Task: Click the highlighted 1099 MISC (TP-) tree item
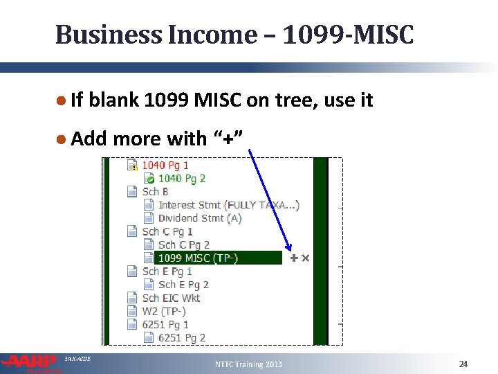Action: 198,258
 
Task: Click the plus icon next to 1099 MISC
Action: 294,258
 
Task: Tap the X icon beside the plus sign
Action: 305,258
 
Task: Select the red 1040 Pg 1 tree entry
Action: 165,166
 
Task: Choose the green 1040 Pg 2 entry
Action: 182,179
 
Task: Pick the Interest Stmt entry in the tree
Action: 228,205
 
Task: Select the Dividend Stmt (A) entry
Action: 200,218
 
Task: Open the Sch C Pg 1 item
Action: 167,232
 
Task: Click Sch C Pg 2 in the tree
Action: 183,245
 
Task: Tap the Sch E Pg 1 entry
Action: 167,271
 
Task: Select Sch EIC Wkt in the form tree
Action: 171,299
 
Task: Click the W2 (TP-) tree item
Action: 164,312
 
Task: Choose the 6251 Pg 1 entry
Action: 165,325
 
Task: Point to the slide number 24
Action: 463,364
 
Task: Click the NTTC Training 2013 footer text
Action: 248,364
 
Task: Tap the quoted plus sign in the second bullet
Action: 227,139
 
